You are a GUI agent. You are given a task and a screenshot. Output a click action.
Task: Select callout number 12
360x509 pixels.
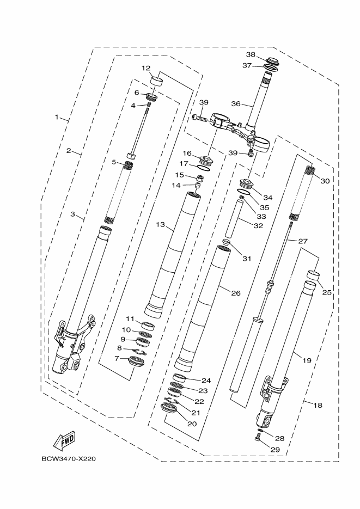[x=146, y=68]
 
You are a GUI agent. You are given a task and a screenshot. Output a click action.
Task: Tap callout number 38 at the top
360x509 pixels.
[x=251, y=55]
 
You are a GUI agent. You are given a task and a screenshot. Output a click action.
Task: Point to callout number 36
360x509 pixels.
[x=235, y=103]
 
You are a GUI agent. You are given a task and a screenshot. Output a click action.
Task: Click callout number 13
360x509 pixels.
[x=160, y=224]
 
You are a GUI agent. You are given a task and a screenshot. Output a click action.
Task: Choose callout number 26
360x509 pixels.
[x=235, y=293]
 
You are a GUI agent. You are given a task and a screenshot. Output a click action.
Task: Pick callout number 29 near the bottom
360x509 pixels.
[x=275, y=450]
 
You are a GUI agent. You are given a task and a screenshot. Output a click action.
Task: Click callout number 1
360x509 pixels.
[x=56, y=117]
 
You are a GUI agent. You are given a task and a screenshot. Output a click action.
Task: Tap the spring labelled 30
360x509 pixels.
[x=310, y=171]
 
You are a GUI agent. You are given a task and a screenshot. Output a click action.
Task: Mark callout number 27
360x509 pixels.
[x=302, y=241]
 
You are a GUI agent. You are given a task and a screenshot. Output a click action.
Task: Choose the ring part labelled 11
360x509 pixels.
[x=147, y=326]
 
